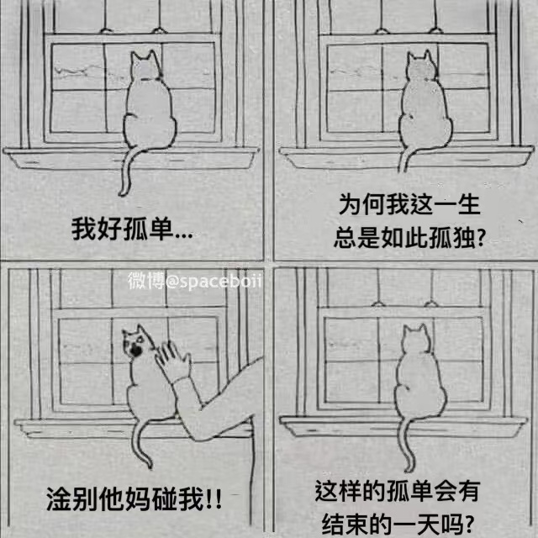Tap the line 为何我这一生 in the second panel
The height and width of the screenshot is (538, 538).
409,204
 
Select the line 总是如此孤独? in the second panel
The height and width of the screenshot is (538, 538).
409,237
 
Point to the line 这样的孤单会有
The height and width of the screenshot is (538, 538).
397,491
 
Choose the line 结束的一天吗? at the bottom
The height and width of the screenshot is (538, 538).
398,524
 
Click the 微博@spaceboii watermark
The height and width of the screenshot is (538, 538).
195,281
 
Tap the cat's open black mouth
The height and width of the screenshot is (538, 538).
136,351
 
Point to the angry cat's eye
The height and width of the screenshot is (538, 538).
140,340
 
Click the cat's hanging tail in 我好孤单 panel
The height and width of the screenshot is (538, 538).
125,171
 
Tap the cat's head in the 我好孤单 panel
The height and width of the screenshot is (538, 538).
146,66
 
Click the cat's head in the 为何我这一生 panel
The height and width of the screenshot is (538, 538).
421,66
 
